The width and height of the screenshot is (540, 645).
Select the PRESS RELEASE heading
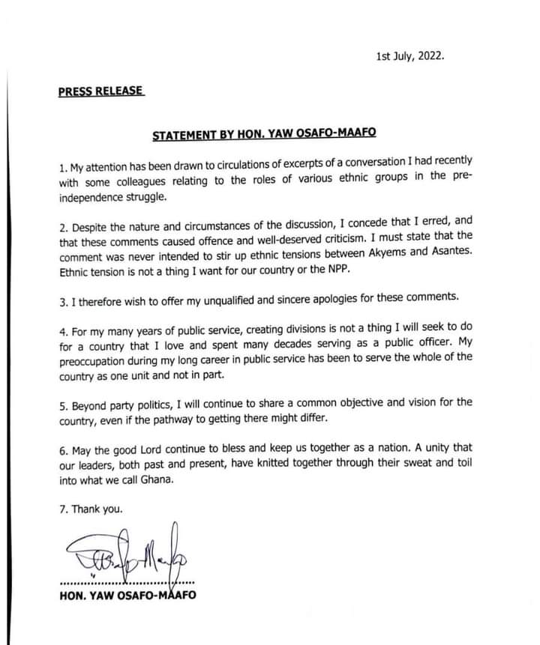(100, 92)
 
